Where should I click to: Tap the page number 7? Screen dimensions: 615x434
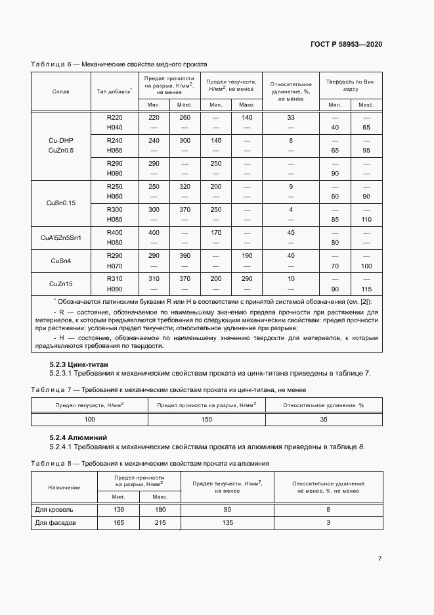(380, 558)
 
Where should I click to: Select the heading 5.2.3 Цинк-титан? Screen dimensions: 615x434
(79, 364)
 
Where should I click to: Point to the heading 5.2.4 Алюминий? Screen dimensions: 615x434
(78, 437)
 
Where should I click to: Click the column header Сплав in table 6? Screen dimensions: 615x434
(60, 91)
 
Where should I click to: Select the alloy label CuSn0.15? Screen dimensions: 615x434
(61, 203)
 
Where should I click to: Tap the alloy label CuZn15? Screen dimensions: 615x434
(61, 283)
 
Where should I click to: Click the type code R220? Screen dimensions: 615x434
(114, 118)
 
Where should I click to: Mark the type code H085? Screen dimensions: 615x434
(114, 219)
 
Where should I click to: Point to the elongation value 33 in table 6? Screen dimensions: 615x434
(290, 118)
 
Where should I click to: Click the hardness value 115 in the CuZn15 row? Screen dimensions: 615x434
(366, 289)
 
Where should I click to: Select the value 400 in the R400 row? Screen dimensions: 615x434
(154, 233)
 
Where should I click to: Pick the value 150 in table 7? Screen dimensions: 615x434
(207, 419)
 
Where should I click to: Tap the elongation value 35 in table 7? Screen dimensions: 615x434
(323, 419)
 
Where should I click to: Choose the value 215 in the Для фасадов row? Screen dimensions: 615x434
(160, 523)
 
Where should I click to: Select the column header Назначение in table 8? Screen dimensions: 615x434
(64, 487)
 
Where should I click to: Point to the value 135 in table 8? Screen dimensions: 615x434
(227, 523)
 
